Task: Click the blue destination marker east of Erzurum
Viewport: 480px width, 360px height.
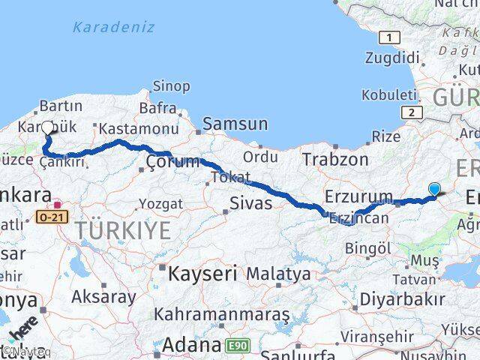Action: pyautogui.click(x=435, y=190)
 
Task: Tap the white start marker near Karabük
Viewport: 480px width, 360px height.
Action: pyautogui.click(x=48, y=128)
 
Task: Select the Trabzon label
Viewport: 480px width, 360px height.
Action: pyautogui.click(x=335, y=159)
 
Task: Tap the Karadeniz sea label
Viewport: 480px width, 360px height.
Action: pyautogui.click(x=114, y=27)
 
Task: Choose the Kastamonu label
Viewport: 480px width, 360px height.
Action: pyautogui.click(x=138, y=129)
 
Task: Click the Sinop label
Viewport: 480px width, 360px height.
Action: pyautogui.click(x=171, y=86)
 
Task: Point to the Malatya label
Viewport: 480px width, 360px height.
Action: pyautogui.click(x=278, y=274)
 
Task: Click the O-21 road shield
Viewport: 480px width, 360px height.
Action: pyautogui.click(x=52, y=217)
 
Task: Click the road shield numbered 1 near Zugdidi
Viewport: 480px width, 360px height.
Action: pyautogui.click(x=389, y=37)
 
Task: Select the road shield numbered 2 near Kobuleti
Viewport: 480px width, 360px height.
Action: pyautogui.click(x=411, y=112)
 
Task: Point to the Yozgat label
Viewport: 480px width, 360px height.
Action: pyautogui.click(x=160, y=204)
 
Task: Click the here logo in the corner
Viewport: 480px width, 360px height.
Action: pyautogui.click(x=22, y=332)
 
